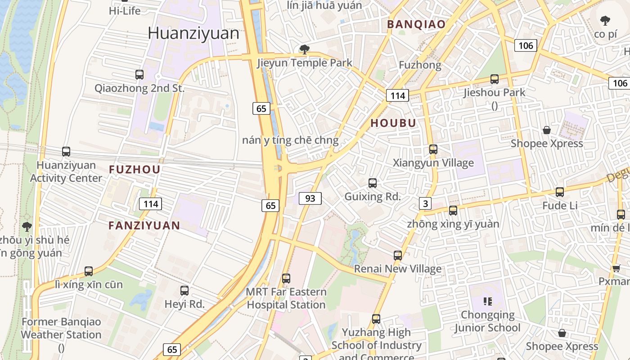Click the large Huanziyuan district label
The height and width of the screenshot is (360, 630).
pos(193,33)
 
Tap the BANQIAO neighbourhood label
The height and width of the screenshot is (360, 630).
pos(416,24)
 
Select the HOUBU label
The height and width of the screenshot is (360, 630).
pos(393,123)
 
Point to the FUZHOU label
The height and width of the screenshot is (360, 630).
pos(135,170)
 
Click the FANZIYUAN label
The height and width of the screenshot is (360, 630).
pos(144,225)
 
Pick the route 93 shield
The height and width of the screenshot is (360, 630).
pos(310,198)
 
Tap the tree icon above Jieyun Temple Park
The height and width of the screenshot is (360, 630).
pos(305,49)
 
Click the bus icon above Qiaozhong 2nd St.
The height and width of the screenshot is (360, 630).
pos(139,75)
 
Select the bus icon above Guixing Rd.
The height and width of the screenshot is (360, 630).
pos(373,183)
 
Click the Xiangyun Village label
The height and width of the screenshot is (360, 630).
pos(433,163)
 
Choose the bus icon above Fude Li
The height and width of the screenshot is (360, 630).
pos(560,192)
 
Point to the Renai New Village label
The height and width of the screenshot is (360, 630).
pos(398,269)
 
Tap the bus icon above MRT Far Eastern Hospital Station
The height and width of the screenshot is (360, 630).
pos(286,279)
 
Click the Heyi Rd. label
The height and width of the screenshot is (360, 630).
pos(184,304)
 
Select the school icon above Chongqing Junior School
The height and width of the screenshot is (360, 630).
pos(488,301)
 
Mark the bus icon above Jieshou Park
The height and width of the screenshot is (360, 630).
pos(495,79)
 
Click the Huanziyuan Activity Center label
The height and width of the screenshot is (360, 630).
pos(66,171)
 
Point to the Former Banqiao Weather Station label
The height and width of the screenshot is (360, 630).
pos(61,328)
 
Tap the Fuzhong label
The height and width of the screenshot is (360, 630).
pos(420,65)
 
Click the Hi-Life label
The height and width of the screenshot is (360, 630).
pos(125,11)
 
